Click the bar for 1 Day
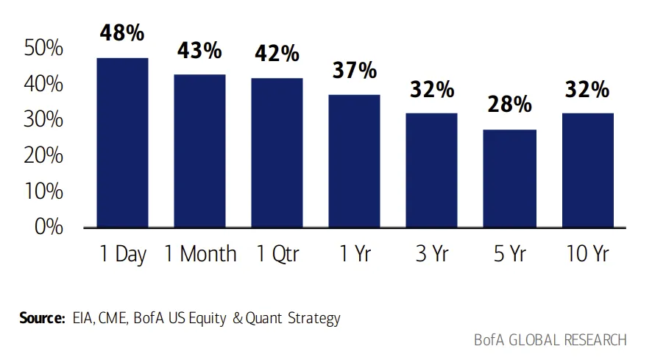(122, 143)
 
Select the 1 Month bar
(199, 151)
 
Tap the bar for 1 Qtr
(277, 153)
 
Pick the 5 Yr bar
(510, 178)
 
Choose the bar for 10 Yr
(588, 171)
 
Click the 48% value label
(122, 32)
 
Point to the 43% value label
(199, 50)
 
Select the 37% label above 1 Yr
(354, 70)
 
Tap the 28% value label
(510, 104)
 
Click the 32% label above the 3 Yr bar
(432, 90)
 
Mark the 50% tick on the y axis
(43, 48)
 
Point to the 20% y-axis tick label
(43, 155)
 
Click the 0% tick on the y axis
(49, 227)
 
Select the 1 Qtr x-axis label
(277, 254)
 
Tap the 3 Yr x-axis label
(432, 254)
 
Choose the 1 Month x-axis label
(200, 254)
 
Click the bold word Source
(42, 318)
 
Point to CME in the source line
(113, 318)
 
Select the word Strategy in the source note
(314, 318)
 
